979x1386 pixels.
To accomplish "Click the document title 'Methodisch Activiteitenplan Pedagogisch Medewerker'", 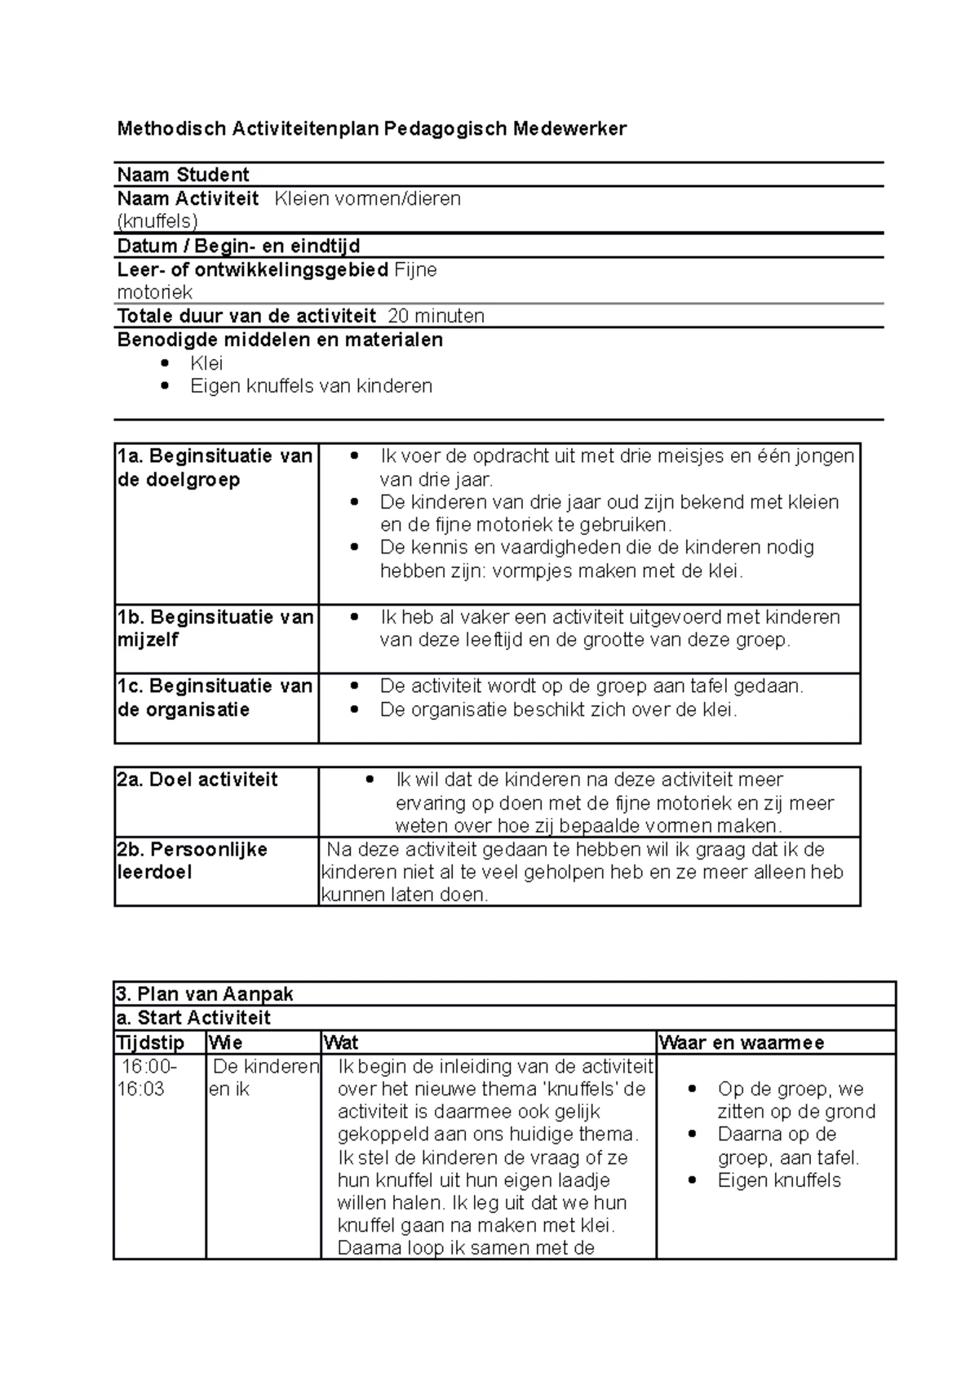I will coord(371,129).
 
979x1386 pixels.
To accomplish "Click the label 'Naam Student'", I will coord(183,175).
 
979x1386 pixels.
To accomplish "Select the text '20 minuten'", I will coord(436,316).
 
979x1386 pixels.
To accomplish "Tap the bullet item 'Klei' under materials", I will coord(206,363).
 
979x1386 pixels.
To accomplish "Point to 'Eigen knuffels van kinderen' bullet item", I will coord(311,386).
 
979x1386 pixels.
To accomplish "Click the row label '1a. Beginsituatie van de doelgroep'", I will coord(215,468).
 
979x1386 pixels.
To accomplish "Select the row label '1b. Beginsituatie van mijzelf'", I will coord(215,629).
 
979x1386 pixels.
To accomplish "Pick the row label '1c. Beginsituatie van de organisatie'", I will coord(215,698).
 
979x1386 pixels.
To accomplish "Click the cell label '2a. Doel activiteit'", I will coord(197,780).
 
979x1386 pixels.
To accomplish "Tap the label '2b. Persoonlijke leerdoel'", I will coord(192,860).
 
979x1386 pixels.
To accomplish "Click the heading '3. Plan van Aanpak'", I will coord(205,994).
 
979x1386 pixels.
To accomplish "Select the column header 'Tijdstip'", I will coord(150,1042).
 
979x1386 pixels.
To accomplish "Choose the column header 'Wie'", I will coord(226,1042).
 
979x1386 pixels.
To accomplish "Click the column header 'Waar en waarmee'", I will coord(742,1042).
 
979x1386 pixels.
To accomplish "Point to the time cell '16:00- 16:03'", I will coord(147,1077).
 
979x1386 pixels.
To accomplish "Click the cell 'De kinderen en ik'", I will coord(263,1077).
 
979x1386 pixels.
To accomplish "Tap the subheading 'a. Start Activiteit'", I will coord(193,1018).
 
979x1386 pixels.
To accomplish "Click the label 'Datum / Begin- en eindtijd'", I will coord(238,246).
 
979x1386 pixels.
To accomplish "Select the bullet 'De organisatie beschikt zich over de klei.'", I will coord(558,709).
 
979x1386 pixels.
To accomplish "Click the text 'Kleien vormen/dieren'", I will coord(368,198).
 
